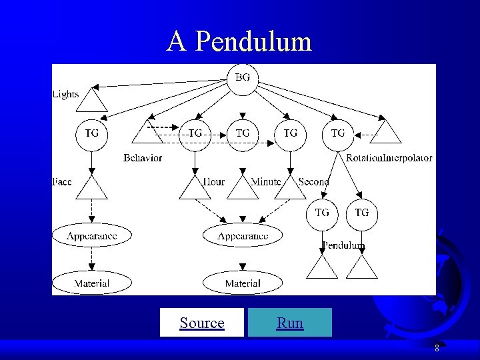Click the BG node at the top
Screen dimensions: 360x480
[243, 78]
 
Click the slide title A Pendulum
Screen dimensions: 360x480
[239, 41]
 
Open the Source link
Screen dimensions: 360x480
[202, 323]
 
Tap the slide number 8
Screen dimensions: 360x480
[437, 348]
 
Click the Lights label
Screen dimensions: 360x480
[65, 95]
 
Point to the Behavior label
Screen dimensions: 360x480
[143, 158]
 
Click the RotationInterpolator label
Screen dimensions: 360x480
[389, 158]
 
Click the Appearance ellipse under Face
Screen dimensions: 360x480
[91, 236]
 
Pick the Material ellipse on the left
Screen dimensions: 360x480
[91, 283]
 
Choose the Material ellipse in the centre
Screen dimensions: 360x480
[243, 283]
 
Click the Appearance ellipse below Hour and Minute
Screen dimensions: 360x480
[243, 236]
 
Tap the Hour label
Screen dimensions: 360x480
[213, 182]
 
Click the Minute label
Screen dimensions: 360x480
[265, 182]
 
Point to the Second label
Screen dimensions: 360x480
[313, 182]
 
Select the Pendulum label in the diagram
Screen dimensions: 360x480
[343, 246]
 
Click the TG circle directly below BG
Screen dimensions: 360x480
[243, 133]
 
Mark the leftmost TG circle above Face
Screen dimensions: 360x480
[91, 133]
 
